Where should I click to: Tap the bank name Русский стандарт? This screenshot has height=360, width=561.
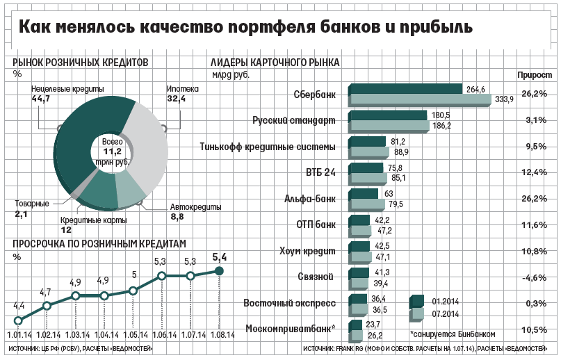click(x=294, y=120)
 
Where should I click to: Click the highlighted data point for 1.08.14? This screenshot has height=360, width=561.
click(x=219, y=271)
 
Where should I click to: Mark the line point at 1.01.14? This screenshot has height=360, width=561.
click(x=19, y=320)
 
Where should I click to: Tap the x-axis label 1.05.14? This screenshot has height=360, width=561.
click(x=133, y=334)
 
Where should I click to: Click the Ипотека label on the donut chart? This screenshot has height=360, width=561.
click(x=183, y=89)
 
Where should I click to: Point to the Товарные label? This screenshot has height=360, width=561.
click(x=31, y=204)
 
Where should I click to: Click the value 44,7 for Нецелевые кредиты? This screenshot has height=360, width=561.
click(x=41, y=99)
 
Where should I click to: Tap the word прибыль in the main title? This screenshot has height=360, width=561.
click(x=434, y=28)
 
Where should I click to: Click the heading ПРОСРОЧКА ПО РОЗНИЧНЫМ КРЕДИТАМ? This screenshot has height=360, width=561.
click(x=100, y=243)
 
